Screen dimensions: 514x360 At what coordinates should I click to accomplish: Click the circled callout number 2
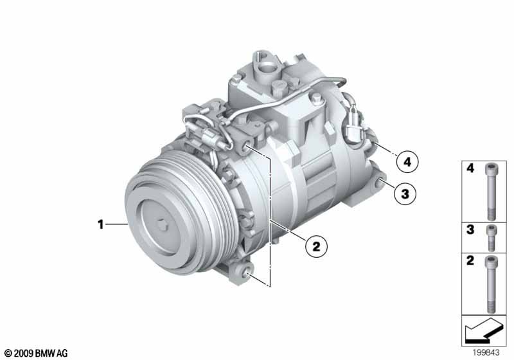pos(316,246)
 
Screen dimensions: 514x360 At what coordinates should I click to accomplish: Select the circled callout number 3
pos(405,194)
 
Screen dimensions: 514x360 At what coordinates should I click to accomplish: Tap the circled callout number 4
pos(407,161)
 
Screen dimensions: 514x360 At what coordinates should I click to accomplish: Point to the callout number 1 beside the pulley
pos(101,224)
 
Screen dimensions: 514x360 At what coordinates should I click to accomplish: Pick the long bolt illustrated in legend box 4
pos(491,192)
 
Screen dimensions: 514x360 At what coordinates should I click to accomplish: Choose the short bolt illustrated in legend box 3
pos(491,238)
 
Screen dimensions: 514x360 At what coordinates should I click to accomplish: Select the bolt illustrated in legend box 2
pos(491,284)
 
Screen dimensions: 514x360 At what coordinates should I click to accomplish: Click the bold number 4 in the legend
pos(470,168)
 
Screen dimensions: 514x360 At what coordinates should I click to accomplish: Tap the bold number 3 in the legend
pos(470,230)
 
